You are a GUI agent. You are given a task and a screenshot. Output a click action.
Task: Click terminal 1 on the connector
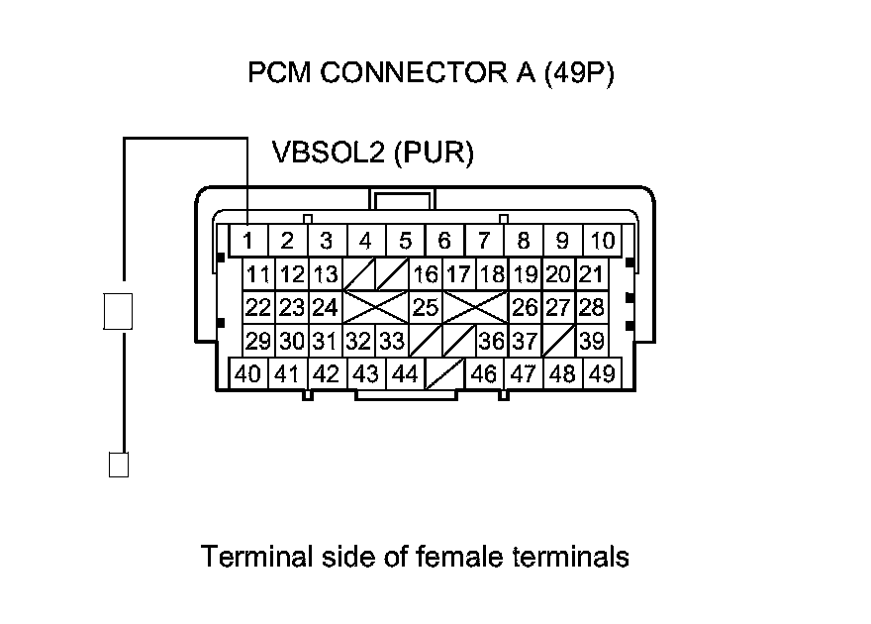[247, 240]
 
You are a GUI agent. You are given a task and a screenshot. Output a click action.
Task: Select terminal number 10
[602, 240]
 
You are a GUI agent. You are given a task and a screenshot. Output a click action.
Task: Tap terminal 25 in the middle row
[426, 307]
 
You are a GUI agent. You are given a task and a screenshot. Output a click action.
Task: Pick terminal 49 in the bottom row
[602, 374]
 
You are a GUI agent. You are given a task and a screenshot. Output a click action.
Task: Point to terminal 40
[247, 374]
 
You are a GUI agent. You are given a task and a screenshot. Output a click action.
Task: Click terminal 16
[426, 274]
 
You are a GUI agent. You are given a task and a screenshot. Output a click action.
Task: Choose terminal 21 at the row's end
[591, 274]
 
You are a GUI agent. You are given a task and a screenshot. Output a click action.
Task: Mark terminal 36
[491, 342]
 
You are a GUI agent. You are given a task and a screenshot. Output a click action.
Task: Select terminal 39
[591, 342]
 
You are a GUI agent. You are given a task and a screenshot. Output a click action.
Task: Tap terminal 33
[392, 342]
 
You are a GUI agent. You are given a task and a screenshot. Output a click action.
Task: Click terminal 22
[258, 307]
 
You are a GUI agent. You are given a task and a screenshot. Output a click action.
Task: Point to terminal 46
[484, 374]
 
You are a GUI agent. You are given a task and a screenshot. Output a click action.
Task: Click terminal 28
[591, 307]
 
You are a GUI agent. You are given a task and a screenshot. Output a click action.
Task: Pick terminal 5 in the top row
[405, 240]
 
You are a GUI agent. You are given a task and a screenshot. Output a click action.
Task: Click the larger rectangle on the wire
[118, 311]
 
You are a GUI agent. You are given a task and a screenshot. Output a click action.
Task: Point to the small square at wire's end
[118, 465]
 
